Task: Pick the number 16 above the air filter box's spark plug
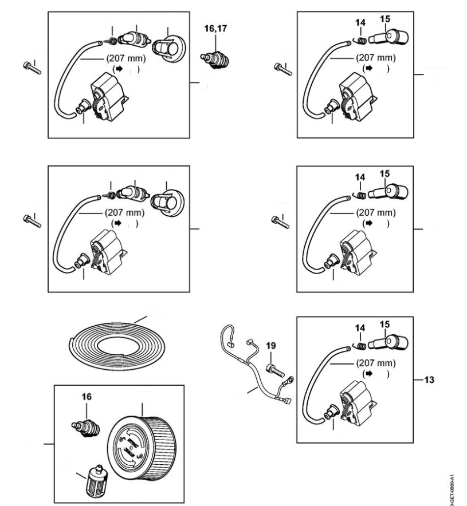coord(86,396)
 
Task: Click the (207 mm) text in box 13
coord(375,362)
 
